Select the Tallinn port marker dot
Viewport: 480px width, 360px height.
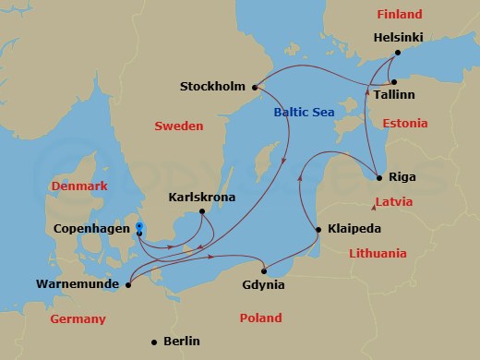[x=394, y=82]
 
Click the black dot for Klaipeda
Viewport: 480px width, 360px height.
[x=318, y=229]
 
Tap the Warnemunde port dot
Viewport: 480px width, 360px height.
[x=128, y=285]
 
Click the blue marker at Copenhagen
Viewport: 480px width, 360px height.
[x=138, y=226]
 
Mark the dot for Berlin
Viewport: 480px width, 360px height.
[x=153, y=342]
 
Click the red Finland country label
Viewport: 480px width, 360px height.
[x=399, y=15]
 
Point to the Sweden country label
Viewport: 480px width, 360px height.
[x=178, y=126]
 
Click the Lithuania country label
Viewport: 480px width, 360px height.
[x=377, y=253]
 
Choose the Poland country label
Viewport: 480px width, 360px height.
[x=261, y=318]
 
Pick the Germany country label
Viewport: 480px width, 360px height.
[x=78, y=318]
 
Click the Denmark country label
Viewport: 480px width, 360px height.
[x=80, y=186]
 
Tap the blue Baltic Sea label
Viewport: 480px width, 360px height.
[x=304, y=113]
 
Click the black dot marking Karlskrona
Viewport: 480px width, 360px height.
[x=201, y=211]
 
